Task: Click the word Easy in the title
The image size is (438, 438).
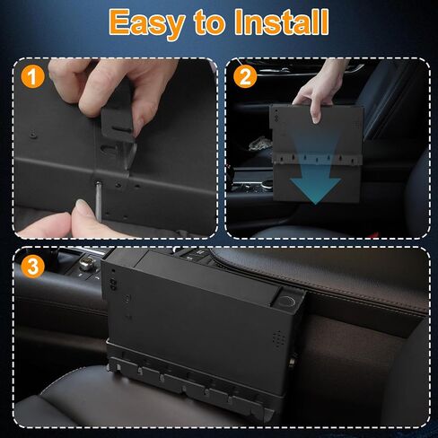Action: click(146, 24)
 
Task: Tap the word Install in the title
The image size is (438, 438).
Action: click(282, 22)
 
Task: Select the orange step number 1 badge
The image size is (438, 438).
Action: click(32, 76)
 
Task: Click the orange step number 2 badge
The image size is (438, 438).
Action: click(244, 76)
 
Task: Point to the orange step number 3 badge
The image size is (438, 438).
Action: click(32, 266)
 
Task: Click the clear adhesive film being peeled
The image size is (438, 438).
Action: click(130, 160)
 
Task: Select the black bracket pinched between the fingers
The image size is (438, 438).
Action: click(117, 123)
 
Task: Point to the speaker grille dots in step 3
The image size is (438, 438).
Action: click(278, 340)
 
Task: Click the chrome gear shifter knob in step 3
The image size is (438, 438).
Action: click(88, 264)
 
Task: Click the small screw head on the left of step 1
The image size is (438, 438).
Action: click(33, 136)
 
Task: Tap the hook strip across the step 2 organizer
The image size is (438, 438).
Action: click(317, 159)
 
